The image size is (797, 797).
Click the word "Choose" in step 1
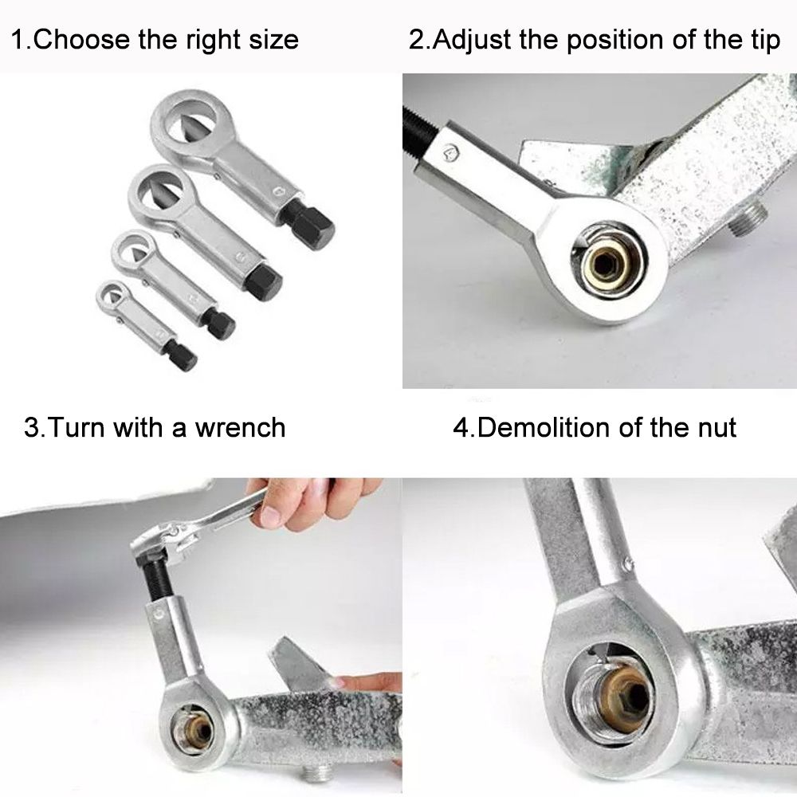pyautogui.click(x=81, y=40)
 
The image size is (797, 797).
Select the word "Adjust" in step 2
pyautogui.click(x=472, y=41)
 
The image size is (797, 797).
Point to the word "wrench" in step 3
pyautogui.click(x=241, y=427)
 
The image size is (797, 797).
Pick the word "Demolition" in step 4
pyautogui.click(x=544, y=427)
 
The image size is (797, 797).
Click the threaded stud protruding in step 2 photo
pyautogui.click(x=748, y=215)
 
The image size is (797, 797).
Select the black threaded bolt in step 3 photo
pyautogui.click(x=159, y=579)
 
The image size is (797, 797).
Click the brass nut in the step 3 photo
pyautogui.click(x=196, y=732)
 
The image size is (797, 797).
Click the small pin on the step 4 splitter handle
pyautogui.click(x=629, y=563)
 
